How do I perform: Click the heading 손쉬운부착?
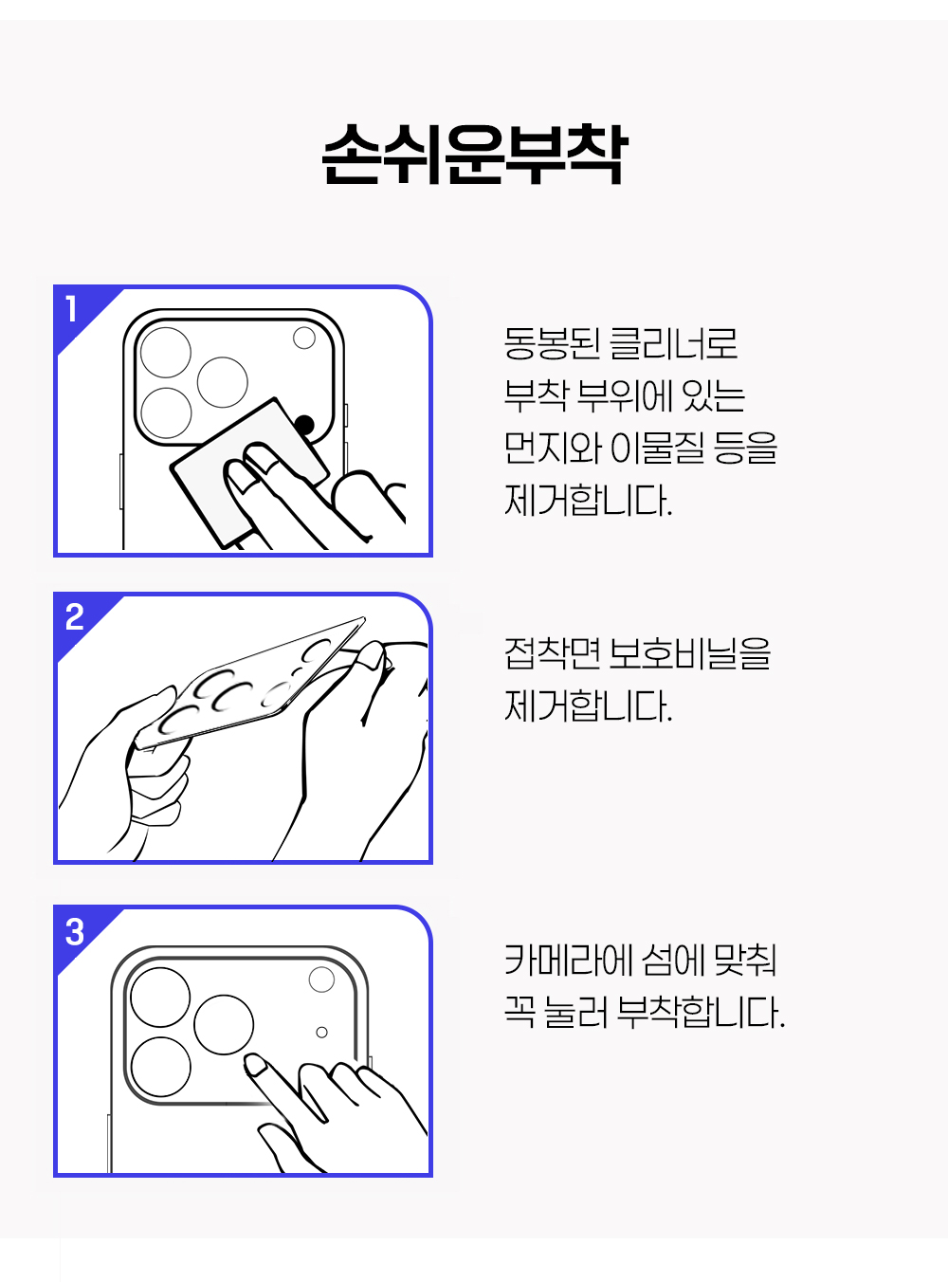474,155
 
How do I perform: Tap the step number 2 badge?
75,616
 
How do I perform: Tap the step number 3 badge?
75,932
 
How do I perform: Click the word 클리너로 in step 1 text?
673,343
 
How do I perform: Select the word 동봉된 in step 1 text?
552,343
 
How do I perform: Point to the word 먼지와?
552,448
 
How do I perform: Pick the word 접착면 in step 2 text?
552,653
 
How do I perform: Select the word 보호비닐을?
689,653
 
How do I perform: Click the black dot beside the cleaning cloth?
304,426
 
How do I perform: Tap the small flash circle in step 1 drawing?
304,338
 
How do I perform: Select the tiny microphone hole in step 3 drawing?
322,1033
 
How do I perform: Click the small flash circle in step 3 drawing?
321,980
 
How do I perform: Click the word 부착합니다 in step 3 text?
701,1013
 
